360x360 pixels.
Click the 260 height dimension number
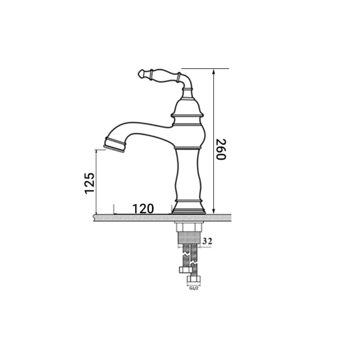(220, 149)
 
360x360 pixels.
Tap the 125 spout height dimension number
(90, 183)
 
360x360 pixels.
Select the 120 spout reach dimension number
(143, 208)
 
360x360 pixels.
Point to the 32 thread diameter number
(207, 241)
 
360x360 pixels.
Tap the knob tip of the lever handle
(141, 74)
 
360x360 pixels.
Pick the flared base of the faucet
(189, 209)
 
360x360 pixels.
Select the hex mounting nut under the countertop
(189, 228)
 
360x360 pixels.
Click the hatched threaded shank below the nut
(189, 238)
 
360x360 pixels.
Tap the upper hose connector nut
(184, 270)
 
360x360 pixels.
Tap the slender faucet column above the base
(188, 175)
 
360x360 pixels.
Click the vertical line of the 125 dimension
(96, 182)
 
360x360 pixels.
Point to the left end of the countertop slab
(95, 217)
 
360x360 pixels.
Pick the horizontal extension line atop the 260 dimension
(205, 68)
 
